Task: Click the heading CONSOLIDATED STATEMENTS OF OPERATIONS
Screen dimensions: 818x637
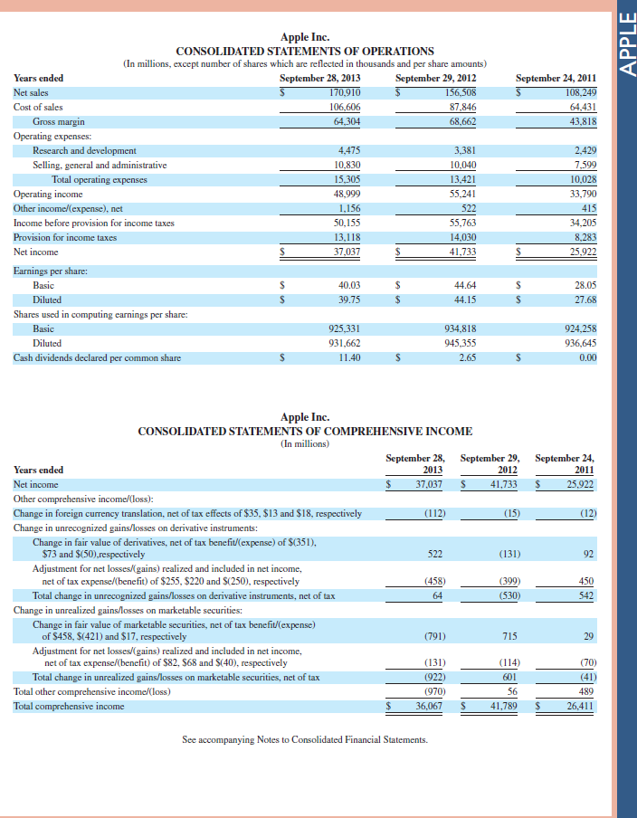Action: (x=305, y=51)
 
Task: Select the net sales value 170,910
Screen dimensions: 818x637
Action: (x=345, y=92)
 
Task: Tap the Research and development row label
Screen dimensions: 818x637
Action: (x=84, y=150)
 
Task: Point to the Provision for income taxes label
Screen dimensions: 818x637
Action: (x=65, y=237)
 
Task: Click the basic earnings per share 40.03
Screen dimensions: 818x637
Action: (x=348, y=285)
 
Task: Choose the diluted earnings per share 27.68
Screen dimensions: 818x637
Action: (x=585, y=300)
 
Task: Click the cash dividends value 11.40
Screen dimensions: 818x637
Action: (x=349, y=357)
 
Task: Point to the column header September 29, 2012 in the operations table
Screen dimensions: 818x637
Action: (x=439, y=78)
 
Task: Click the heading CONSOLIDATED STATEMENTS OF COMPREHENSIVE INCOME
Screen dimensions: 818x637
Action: (x=305, y=431)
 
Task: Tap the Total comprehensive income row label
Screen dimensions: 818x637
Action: (x=69, y=706)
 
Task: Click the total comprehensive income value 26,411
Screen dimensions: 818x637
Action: (x=578, y=706)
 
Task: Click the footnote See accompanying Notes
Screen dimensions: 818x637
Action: (x=305, y=739)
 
